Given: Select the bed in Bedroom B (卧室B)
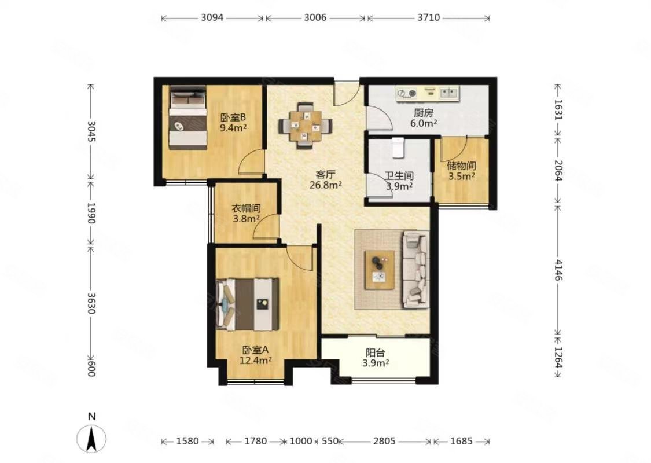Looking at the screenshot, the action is pyautogui.click(x=188, y=118).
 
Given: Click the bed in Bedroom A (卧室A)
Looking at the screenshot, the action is pyautogui.click(x=247, y=305).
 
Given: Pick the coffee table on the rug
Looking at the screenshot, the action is pyautogui.click(x=380, y=270).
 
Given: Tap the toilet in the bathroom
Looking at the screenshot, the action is pyautogui.click(x=398, y=148).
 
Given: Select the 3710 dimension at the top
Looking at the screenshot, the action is pyautogui.click(x=429, y=18).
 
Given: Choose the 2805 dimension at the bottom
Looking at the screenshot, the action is pyautogui.click(x=384, y=441).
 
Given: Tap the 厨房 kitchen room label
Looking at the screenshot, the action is pyautogui.click(x=424, y=112).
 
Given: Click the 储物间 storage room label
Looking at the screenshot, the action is pyautogui.click(x=461, y=166).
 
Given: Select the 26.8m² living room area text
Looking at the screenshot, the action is pyautogui.click(x=325, y=185).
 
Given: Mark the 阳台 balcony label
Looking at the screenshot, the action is pyautogui.click(x=376, y=353).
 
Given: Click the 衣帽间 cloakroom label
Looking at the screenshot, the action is pyautogui.click(x=246, y=208).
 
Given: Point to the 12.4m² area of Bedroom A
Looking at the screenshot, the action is pyautogui.click(x=255, y=361).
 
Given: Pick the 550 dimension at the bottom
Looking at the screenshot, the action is pyautogui.click(x=330, y=441).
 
